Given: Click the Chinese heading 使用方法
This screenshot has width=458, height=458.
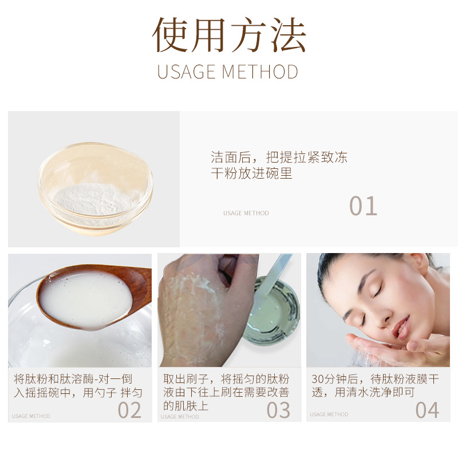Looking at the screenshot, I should (x=229, y=35).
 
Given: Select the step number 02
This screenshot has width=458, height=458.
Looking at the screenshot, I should (x=129, y=410).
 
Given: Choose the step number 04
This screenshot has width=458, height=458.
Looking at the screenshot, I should (x=427, y=410).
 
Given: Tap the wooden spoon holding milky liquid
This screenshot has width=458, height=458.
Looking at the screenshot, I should (x=92, y=295).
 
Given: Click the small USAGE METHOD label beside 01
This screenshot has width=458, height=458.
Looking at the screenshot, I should (x=246, y=214).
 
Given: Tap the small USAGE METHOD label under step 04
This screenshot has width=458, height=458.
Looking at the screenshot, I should (x=329, y=414).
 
